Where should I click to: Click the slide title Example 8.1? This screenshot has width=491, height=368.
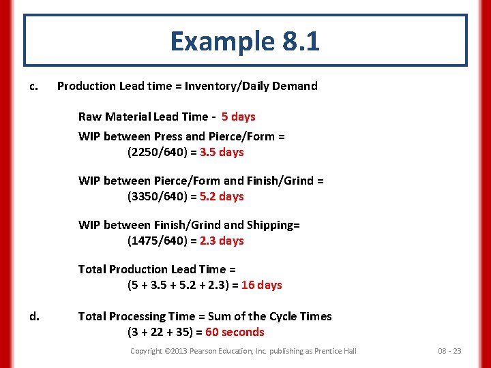pyautogui.click(x=245, y=42)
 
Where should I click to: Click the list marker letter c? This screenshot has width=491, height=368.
pyautogui.click(x=33, y=86)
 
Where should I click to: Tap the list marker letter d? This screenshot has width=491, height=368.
pyautogui.click(x=33, y=316)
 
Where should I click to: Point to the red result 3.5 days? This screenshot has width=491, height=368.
pyautogui.click(x=222, y=152)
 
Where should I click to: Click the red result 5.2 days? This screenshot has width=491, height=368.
pyautogui.click(x=222, y=196)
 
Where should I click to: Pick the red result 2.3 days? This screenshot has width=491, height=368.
pyautogui.click(x=222, y=241)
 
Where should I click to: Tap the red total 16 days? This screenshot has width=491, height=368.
pyautogui.click(x=261, y=285)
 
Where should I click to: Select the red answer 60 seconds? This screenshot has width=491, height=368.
pyautogui.click(x=235, y=332)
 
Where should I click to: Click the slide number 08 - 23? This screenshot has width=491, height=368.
pyautogui.click(x=449, y=351)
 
